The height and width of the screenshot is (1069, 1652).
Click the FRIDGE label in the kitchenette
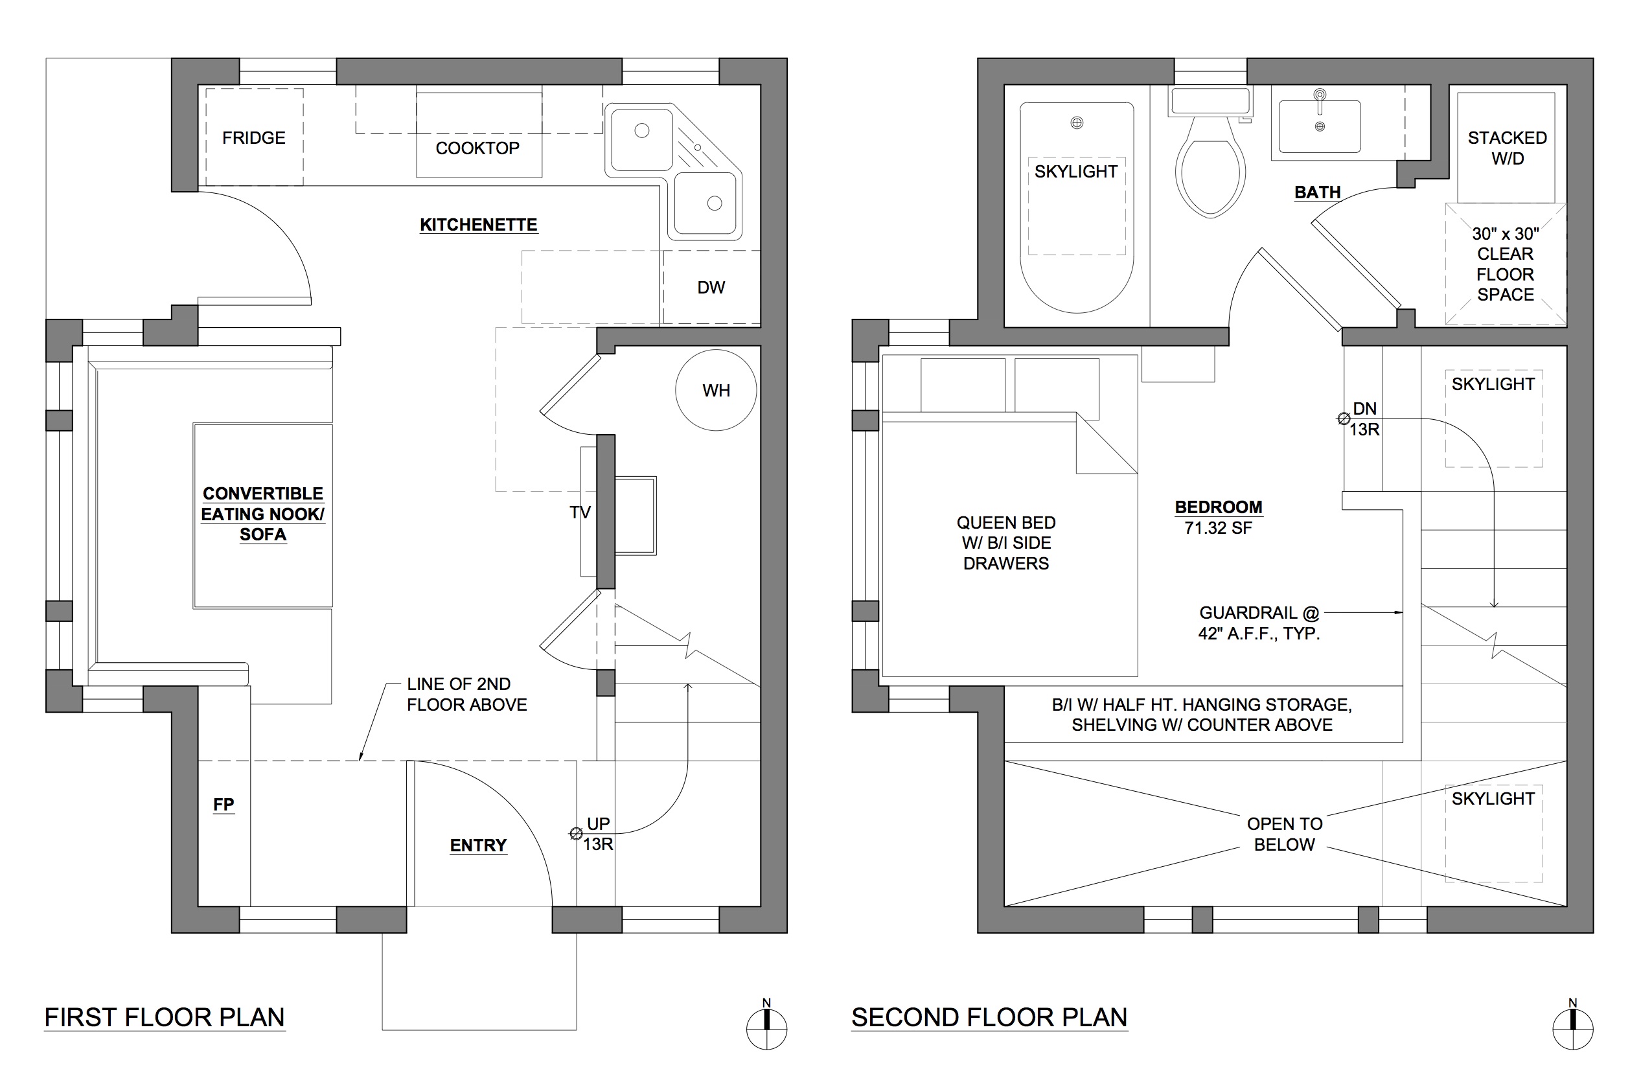click(253, 137)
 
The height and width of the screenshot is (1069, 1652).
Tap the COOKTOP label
click(477, 148)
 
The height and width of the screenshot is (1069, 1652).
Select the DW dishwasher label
click(711, 288)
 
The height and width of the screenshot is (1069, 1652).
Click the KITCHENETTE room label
click(478, 225)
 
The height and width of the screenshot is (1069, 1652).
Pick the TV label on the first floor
click(580, 512)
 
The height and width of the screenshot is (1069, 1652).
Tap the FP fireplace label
click(224, 805)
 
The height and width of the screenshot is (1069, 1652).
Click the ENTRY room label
click(478, 845)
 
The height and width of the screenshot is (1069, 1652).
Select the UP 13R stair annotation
click(597, 834)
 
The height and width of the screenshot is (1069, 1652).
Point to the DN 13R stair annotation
click(1364, 419)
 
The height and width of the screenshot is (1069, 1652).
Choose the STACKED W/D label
click(1507, 148)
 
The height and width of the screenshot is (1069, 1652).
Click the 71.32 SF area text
click(1218, 528)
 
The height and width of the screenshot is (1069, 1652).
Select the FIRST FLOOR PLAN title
click(165, 1018)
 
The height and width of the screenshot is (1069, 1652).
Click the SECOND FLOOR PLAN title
click(989, 1018)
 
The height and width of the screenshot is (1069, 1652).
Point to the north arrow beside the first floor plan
click(766, 1025)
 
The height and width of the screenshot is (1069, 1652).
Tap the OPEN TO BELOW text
click(1284, 834)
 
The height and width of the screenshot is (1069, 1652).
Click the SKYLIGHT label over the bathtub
click(1076, 172)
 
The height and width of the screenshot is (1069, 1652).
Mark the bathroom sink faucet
click(1320, 100)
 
